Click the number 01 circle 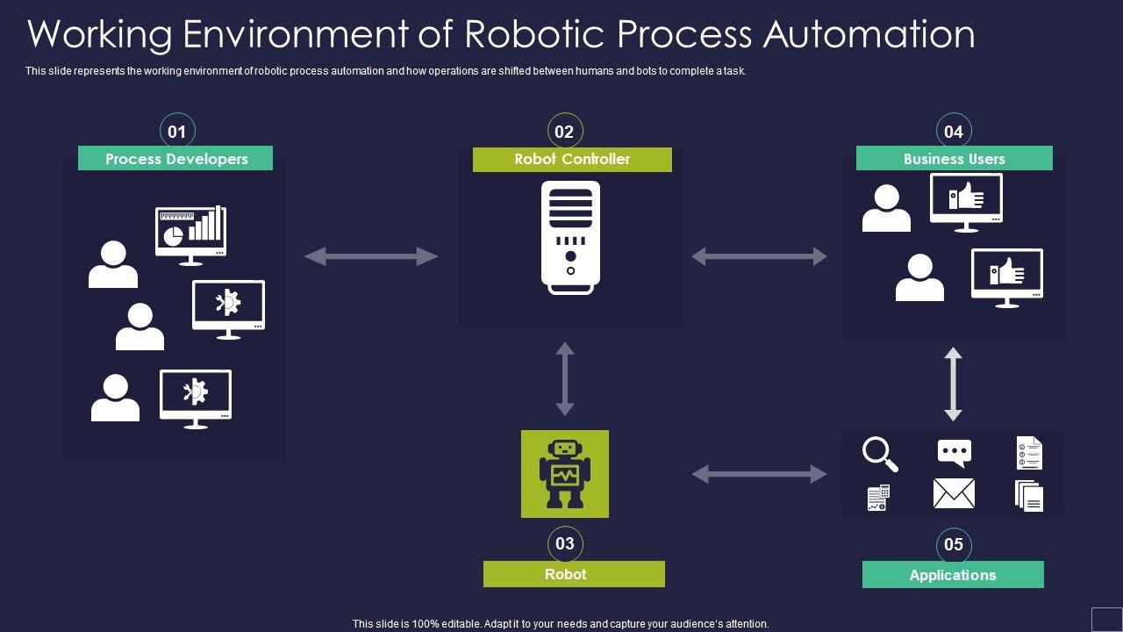[x=177, y=132]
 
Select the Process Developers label [x=175, y=159]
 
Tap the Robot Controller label [x=572, y=159]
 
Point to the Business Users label [x=954, y=159]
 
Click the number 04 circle [x=954, y=132]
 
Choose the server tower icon [x=570, y=237]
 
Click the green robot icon [x=564, y=474]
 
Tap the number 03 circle [x=565, y=544]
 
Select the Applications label [x=953, y=575]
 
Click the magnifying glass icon [x=880, y=454]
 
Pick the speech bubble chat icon [x=954, y=453]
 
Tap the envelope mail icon [x=954, y=493]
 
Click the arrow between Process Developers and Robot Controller [x=370, y=256]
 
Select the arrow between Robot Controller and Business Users [x=759, y=256]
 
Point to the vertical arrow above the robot [x=565, y=378]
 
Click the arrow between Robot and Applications [x=759, y=474]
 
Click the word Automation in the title [x=869, y=34]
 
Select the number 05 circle [x=954, y=544]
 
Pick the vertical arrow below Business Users [x=953, y=384]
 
